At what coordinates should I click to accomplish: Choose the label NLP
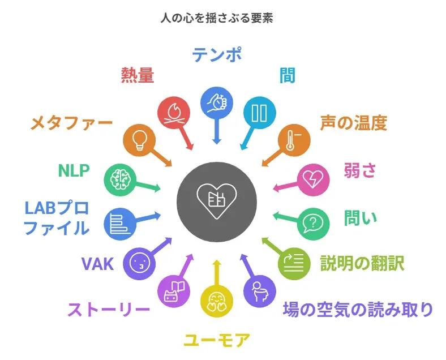[x=74, y=170]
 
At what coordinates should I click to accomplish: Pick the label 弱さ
[x=360, y=170]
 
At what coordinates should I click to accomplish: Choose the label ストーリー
[x=109, y=310]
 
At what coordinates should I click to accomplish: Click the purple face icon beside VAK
[x=139, y=263]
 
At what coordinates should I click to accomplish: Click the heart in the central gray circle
[x=217, y=200]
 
